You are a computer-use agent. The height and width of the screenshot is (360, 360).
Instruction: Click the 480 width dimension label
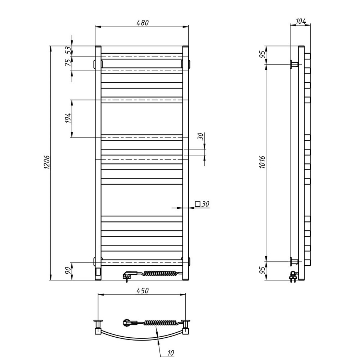[x=143, y=22]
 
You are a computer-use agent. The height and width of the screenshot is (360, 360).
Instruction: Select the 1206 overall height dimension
[x=46, y=162]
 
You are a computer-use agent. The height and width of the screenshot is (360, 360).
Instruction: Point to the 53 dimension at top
[x=68, y=50]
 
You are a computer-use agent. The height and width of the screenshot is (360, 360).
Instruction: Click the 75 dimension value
[x=68, y=62]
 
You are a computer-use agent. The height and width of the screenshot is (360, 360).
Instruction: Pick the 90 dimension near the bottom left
[x=68, y=271]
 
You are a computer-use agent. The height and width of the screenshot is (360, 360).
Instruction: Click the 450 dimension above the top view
[x=142, y=291]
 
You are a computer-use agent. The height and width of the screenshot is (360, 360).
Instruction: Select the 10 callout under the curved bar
[x=171, y=353]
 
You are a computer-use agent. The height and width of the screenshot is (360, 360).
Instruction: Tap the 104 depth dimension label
[x=301, y=21]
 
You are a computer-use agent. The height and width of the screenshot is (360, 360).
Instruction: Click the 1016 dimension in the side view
[x=262, y=162]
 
